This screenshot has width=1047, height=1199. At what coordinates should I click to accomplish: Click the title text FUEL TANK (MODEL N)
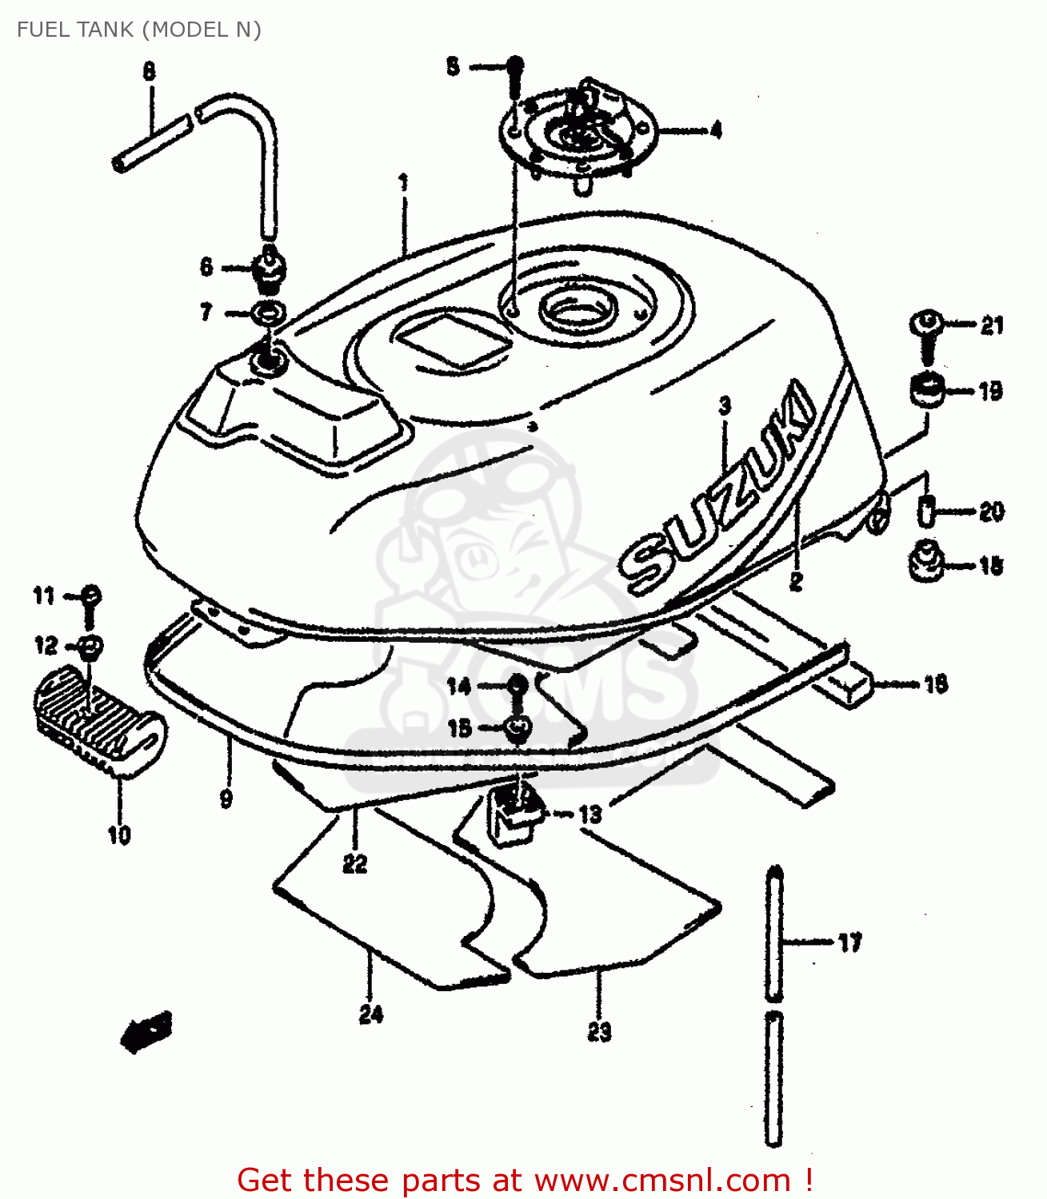pyautogui.click(x=139, y=30)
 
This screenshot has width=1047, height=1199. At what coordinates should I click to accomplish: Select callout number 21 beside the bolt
pyautogui.click(x=991, y=325)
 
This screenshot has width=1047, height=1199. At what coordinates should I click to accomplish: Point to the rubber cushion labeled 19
pyautogui.click(x=926, y=390)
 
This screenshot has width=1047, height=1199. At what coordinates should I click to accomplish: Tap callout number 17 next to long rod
pyautogui.click(x=849, y=942)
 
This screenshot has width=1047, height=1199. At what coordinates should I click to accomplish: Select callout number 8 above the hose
pyautogui.click(x=150, y=72)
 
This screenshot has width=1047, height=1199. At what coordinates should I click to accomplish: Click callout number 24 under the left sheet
pyautogui.click(x=370, y=1014)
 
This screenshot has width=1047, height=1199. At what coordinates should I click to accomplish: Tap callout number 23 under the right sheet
pyautogui.click(x=599, y=1032)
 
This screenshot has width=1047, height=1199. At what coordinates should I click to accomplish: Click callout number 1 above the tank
pyautogui.click(x=404, y=183)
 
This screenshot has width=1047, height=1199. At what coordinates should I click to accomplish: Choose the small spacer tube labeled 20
pyautogui.click(x=925, y=510)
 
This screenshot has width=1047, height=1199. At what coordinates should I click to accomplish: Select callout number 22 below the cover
pyautogui.click(x=354, y=863)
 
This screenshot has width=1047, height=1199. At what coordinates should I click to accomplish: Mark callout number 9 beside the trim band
pyautogui.click(x=226, y=797)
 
